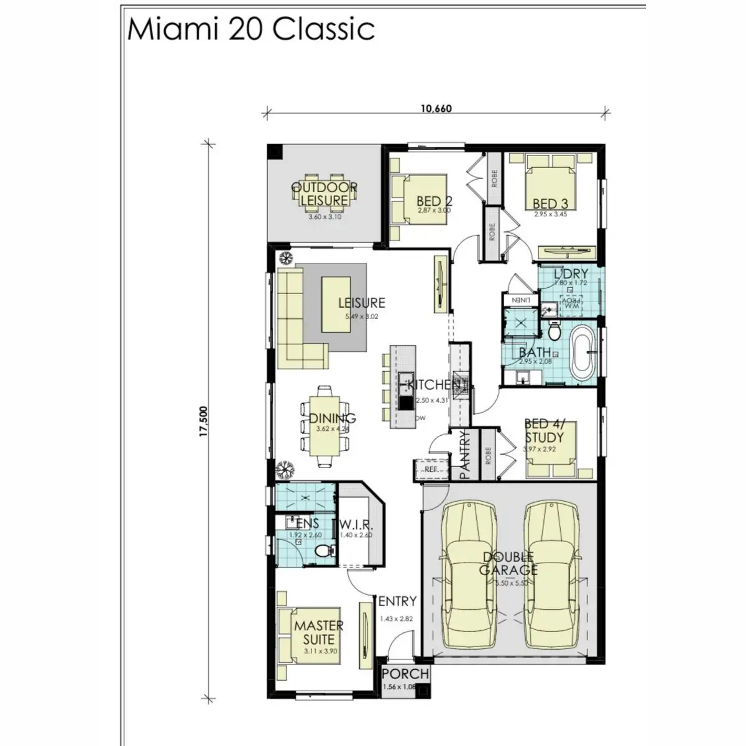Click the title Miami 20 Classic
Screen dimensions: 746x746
point(251,29)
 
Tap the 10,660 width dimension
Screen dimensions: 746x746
point(436,109)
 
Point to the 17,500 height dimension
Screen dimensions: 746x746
point(203,423)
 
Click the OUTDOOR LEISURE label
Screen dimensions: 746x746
point(325,194)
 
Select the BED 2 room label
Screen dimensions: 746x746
point(434,201)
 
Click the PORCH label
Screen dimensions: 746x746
point(405,674)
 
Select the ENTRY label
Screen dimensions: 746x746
point(397,601)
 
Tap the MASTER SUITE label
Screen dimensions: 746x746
point(318,632)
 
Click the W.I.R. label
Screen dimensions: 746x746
point(356,524)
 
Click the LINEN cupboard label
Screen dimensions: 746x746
point(520,300)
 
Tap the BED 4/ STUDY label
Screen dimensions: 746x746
point(545,430)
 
